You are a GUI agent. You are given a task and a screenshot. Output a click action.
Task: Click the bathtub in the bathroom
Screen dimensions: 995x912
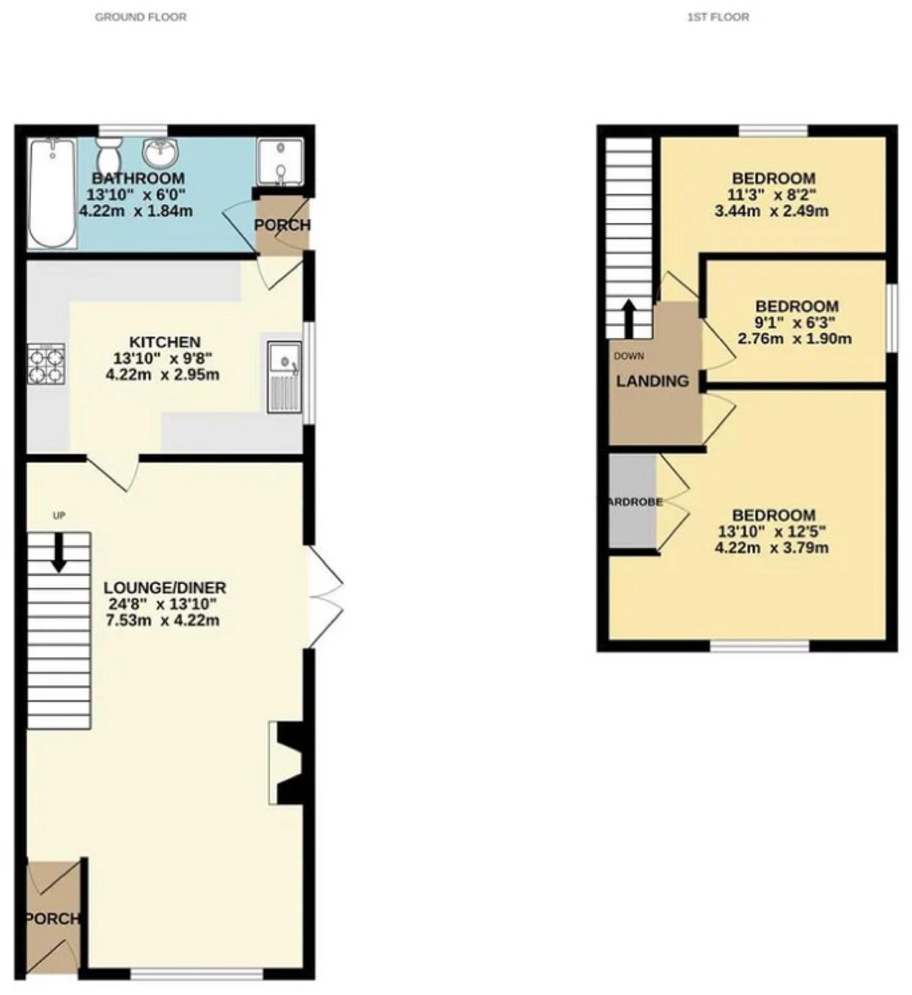52,193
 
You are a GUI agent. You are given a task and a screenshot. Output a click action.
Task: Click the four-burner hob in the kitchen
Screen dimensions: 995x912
47,364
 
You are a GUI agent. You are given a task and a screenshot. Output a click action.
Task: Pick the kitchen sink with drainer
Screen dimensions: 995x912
284,377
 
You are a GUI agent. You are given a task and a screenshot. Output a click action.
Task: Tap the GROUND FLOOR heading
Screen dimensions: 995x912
140,17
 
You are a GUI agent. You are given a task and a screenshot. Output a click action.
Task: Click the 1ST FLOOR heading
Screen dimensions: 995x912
718,17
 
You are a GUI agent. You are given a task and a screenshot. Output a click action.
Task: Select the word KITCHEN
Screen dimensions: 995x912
165,342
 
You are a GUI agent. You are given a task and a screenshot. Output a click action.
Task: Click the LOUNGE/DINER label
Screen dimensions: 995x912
165,587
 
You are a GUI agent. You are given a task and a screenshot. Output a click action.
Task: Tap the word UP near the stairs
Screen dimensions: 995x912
59,515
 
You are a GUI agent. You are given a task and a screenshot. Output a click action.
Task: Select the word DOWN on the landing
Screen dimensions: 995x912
629,356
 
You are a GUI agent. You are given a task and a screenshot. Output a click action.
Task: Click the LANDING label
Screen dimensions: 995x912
652,381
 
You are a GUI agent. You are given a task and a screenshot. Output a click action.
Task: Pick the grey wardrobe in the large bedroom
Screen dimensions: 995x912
633,501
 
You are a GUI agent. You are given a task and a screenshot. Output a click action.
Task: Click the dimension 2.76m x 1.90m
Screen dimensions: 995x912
794,339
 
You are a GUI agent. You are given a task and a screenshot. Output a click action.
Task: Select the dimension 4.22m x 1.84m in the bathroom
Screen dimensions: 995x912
136,211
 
